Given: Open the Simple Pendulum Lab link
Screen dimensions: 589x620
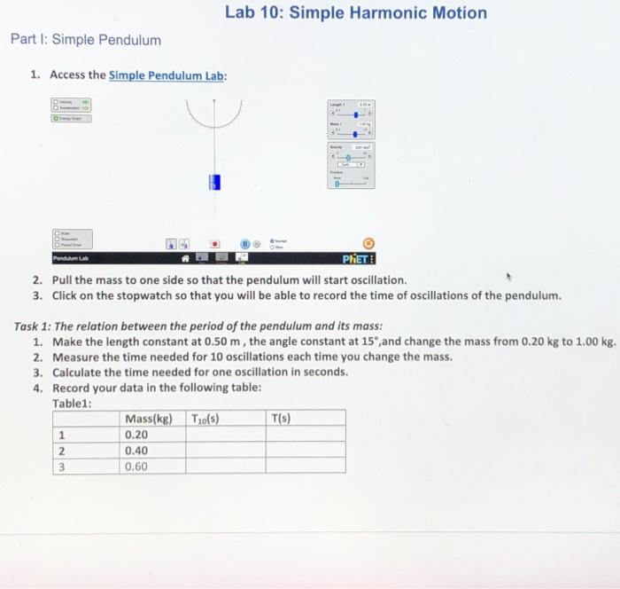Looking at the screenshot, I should pos(167,75).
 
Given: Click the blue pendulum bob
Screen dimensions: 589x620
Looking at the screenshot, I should pos(213,183).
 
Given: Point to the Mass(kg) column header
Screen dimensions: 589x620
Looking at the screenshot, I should pos(149,419).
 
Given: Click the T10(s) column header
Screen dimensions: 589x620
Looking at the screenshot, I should pos(205,419).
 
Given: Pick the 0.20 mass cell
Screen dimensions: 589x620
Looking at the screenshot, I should pos(137,435).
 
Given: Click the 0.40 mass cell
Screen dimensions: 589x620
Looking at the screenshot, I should pos(137,450).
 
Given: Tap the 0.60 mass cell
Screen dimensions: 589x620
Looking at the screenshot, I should pos(137,466).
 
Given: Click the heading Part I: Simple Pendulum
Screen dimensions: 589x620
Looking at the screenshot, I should pos(86,40).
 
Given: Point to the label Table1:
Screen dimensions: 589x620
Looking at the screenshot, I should pos(73,403).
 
